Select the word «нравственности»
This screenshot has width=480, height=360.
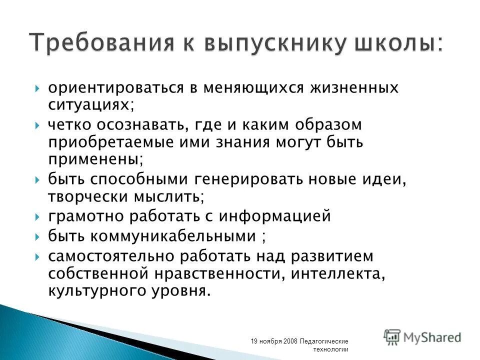pos(218,273)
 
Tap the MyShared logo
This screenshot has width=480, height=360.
pos(422,336)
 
